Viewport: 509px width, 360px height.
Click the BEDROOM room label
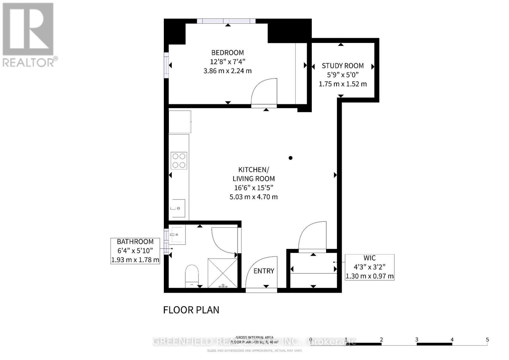click(228, 52)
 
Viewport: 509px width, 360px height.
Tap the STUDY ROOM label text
click(343, 66)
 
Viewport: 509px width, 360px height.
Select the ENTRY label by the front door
click(264, 271)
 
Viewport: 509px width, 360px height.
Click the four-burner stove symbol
click(179, 161)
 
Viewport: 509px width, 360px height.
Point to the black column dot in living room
click(290, 158)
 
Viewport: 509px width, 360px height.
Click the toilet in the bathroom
click(192, 275)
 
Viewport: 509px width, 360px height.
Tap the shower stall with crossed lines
click(223, 273)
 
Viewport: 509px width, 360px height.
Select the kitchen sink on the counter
click(177, 208)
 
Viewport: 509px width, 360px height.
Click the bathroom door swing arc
click(224, 241)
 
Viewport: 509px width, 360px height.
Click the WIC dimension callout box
click(370, 267)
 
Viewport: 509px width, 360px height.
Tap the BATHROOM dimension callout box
click(135, 251)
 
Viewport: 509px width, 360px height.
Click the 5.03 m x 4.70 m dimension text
click(254, 197)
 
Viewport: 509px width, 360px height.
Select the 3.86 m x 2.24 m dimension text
click(227, 71)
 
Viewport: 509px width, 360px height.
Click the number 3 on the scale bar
click(416, 340)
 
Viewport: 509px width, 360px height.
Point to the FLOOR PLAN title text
click(191, 310)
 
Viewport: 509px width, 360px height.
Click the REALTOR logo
click(29, 35)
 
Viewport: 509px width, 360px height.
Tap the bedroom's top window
click(226, 21)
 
